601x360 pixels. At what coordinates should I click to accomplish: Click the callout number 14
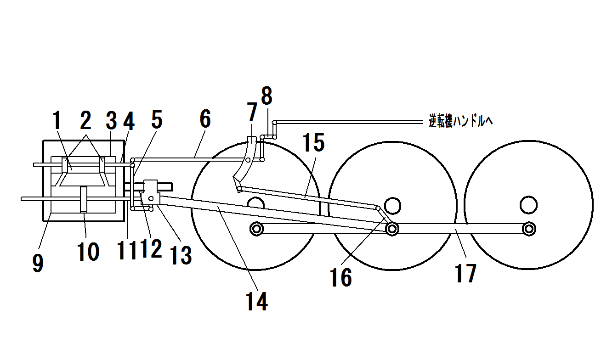(257, 301)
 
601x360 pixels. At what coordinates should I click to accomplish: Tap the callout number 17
(465, 273)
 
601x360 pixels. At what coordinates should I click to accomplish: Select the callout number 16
(341, 278)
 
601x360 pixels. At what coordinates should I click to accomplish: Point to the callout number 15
(313, 142)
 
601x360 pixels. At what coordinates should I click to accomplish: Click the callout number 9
(38, 263)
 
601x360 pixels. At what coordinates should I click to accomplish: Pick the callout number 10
(88, 252)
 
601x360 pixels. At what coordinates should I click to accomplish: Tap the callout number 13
(181, 256)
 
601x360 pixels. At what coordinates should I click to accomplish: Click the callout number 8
(266, 96)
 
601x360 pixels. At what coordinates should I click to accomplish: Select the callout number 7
(252, 112)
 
